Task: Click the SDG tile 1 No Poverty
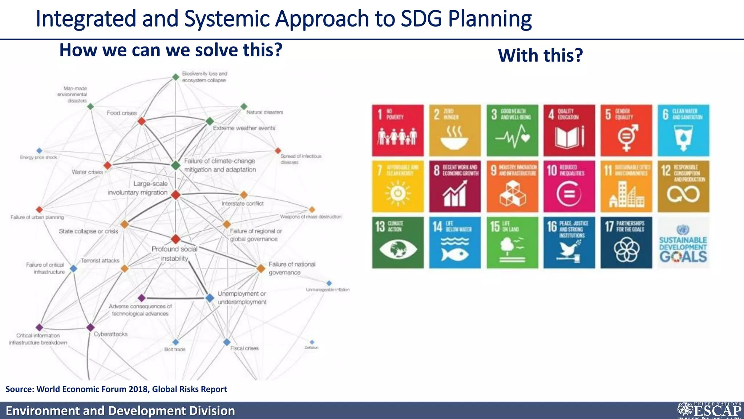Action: [x=398, y=130]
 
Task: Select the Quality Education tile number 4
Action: [x=569, y=130]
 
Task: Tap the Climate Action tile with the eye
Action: [x=398, y=243]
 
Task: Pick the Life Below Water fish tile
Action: [x=455, y=243]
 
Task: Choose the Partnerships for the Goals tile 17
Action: [x=626, y=243]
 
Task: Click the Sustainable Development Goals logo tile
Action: [x=683, y=243]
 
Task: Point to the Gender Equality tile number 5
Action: [x=626, y=130]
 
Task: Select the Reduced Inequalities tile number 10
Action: [x=569, y=186]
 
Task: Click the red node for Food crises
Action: [x=142, y=121]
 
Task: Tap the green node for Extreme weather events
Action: [x=210, y=121]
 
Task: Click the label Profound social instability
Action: [x=174, y=254]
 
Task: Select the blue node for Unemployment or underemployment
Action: [x=210, y=298]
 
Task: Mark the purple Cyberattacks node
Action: [x=90, y=327]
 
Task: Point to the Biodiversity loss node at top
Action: [x=175, y=77]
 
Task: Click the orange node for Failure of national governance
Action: [x=261, y=268]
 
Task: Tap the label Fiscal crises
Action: [x=244, y=348]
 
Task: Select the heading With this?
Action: [x=540, y=56]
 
